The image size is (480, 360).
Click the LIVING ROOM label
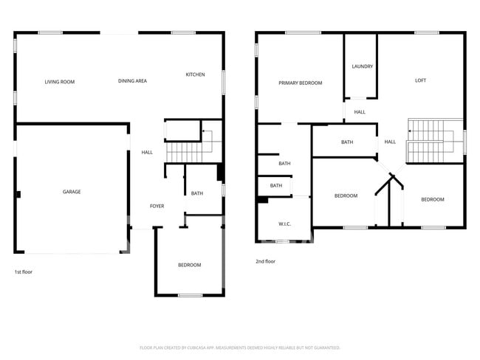(x=59, y=82)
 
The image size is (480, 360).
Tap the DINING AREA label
(x=132, y=81)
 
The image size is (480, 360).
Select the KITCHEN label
(x=195, y=75)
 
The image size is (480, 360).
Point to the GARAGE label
(x=72, y=192)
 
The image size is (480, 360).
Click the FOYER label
(x=157, y=206)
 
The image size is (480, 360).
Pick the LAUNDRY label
(x=362, y=66)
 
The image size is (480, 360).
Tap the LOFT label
(x=420, y=80)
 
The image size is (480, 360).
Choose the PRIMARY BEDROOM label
(x=300, y=83)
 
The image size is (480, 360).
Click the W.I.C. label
(x=283, y=224)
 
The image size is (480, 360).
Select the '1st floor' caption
(x=23, y=271)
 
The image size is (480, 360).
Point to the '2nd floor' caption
(x=265, y=261)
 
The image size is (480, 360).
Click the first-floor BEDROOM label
(x=189, y=265)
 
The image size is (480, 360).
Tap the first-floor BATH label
(x=197, y=193)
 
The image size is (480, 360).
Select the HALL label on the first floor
(x=147, y=153)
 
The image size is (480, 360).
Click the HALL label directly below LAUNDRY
(x=360, y=112)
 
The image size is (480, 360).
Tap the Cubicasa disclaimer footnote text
(x=239, y=347)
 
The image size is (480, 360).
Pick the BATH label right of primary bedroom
(x=347, y=142)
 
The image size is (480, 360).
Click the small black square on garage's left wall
(x=18, y=195)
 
